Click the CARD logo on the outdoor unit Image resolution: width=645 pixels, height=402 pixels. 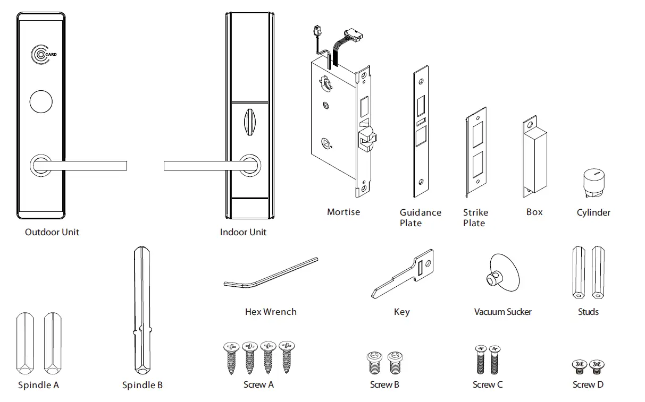[x=43, y=54]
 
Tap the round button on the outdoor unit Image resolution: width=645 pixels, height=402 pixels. [x=41, y=102]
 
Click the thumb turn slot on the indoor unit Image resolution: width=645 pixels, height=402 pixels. [x=248, y=122]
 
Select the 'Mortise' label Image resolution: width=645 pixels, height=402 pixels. [x=343, y=212]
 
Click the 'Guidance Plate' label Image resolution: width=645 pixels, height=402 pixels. [x=420, y=218]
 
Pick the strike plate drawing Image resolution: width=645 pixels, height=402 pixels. [x=476, y=150]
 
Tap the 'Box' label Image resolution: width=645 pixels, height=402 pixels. [x=534, y=212]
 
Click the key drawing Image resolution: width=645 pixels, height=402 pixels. [x=403, y=275]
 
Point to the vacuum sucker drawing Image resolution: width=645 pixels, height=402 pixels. [x=502, y=273]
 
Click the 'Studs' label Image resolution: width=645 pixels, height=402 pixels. [x=588, y=312]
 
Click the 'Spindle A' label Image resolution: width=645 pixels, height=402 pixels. [x=38, y=385]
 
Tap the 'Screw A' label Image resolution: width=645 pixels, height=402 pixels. [x=258, y=384]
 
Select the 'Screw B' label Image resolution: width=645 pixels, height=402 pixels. [x=384, y=384]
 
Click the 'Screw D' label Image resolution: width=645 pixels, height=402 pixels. [x=588, y=384]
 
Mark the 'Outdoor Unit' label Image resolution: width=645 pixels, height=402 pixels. [x=52, y=232]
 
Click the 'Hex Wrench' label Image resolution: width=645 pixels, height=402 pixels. [x=271, y=312]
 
